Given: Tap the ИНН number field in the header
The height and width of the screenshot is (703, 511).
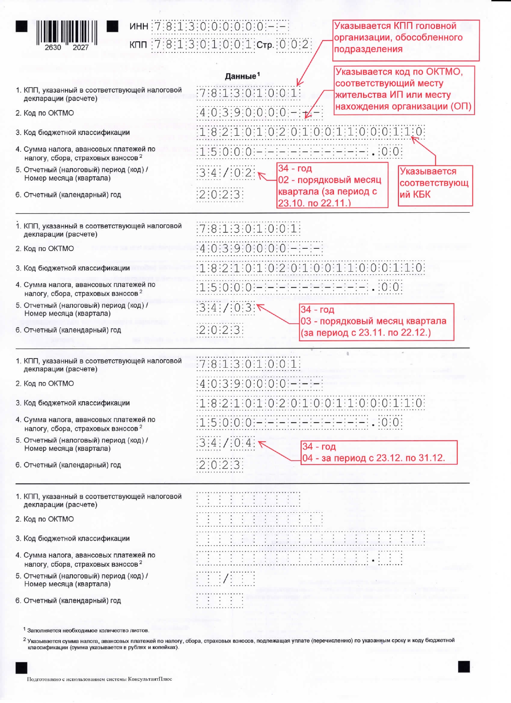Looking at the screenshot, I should point(220,27).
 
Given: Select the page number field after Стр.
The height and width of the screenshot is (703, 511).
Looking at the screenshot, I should point(295,44).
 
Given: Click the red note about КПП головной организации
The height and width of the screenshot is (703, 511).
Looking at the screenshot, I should point(406,40).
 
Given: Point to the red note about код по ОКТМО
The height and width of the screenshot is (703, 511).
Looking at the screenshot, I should point(404,90).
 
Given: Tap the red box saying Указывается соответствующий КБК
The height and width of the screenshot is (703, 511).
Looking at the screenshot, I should point(435,184).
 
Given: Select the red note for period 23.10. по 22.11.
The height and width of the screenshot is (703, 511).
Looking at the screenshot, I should point(332,185).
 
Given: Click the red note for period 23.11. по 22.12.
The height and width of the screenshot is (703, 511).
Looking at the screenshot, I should point(376,322).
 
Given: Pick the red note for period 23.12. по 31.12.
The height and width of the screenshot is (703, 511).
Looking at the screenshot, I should point(378,453).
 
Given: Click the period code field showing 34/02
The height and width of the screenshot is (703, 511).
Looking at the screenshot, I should point(226,173).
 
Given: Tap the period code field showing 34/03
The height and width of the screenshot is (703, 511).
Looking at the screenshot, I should point(226,308).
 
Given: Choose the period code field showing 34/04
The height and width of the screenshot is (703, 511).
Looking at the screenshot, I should point(226,443).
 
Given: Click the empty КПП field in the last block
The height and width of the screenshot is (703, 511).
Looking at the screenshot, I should point(248,499).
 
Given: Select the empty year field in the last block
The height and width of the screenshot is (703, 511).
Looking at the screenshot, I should point(220,600).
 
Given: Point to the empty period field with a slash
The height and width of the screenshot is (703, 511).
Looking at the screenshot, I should point(226,579).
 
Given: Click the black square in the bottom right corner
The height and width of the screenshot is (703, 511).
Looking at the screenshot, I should point(464,667).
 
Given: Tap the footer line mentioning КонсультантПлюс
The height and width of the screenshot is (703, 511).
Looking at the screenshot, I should point(99,679).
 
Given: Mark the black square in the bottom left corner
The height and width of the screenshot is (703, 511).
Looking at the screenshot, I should point(21,668).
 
